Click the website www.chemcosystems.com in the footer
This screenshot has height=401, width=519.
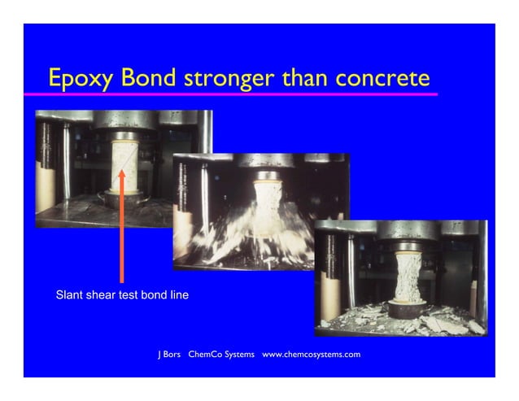click(311, 355)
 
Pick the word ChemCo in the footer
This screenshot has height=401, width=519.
click(207, 355)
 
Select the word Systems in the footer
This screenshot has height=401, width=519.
click(241, 355)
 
